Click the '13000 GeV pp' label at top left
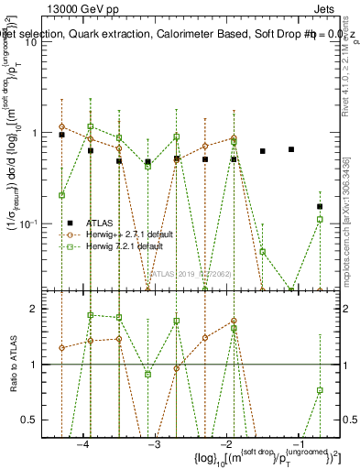tap(85, 7)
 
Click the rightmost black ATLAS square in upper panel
tap(320, 207)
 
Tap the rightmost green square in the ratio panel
tap(320, 390)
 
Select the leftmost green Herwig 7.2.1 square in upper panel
tap(61, 195)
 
